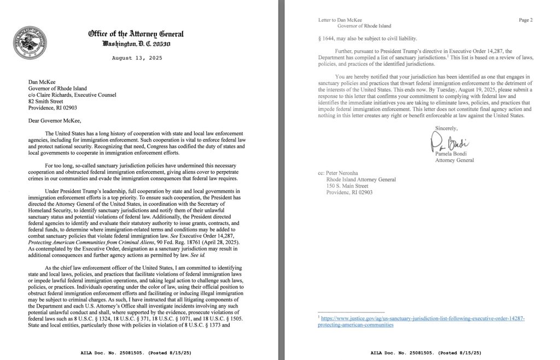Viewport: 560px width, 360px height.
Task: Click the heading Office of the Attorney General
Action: coord(136,34)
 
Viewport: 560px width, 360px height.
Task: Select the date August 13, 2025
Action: coord(136,57)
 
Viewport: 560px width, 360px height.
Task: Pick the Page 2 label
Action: coord(525,20)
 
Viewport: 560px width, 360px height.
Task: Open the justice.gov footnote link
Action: coord(421,321)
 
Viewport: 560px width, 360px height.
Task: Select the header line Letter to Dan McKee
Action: coord(340,20)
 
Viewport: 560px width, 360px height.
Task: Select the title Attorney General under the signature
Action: coord(454,160)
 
